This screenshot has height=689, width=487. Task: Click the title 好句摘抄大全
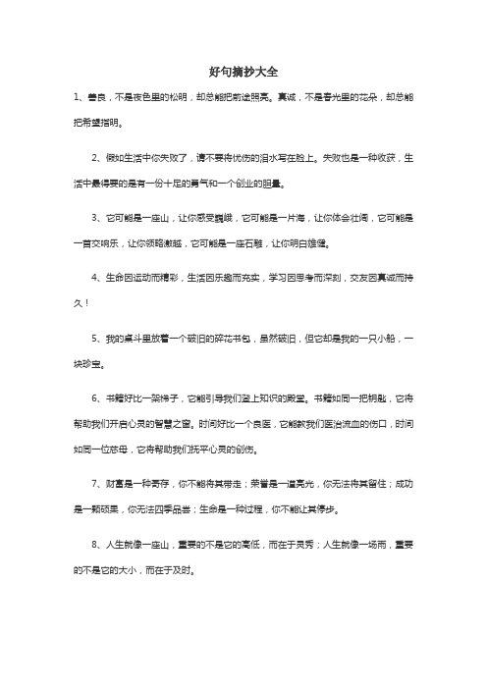click(x=243, y=73)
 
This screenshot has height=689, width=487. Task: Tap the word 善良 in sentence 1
click(x=97, y=98)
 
